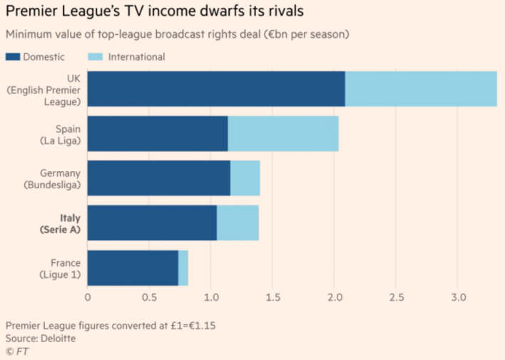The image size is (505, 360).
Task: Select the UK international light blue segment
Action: click(x=421, y=89)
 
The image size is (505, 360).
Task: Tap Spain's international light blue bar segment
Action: click(x=283, y=134)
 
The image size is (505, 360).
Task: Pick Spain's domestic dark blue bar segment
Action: click(x=158, y=134)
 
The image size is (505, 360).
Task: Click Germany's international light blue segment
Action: click(x=245, y=178)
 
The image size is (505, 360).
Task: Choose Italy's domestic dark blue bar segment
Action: click(x=152, y=223)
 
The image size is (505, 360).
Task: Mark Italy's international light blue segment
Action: click(x=238, y=223)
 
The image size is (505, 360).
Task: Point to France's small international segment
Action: click(x=183, y=268)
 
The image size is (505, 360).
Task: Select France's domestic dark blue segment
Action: click(x=133, y=268)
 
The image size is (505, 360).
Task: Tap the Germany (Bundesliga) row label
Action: click(x=52, y=178)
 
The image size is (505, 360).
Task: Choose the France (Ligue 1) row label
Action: click(x=60, y=268)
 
